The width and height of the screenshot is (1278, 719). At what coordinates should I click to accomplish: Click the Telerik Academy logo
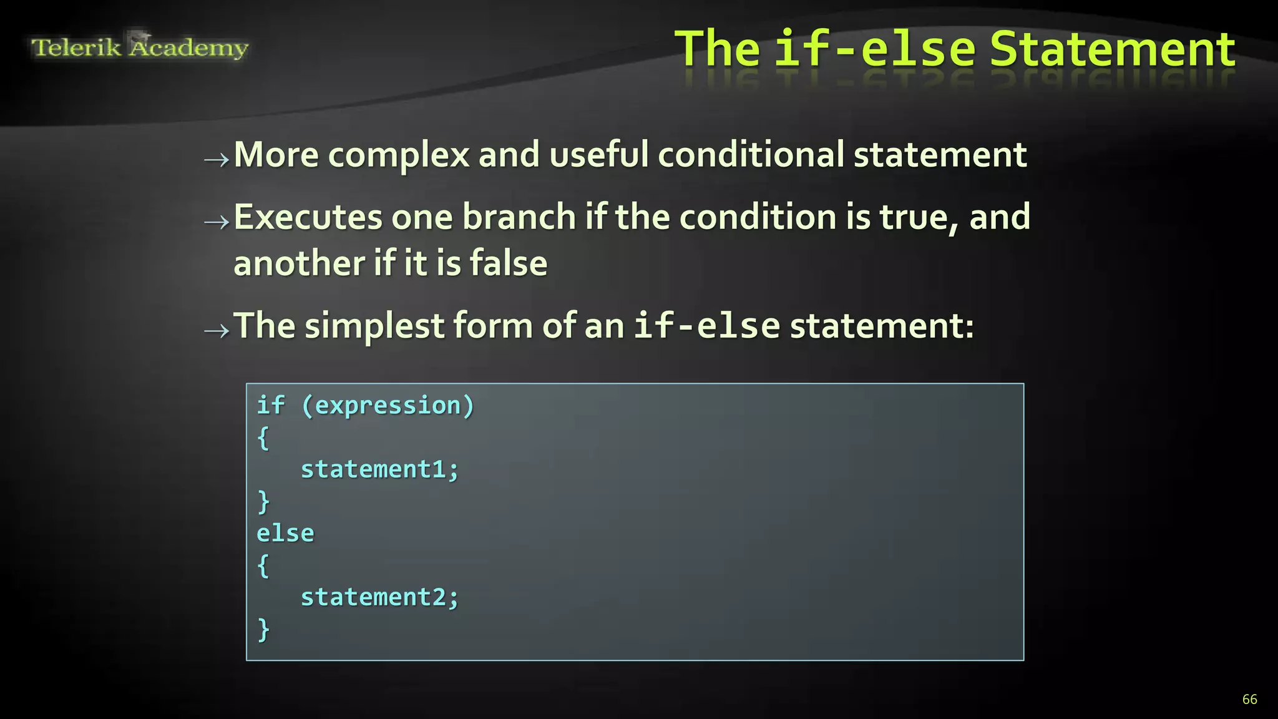140,47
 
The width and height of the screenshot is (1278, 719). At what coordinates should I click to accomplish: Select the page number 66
1249,699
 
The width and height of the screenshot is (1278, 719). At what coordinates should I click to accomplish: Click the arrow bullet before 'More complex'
217,160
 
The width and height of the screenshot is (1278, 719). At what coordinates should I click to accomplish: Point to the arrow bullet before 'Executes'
217,222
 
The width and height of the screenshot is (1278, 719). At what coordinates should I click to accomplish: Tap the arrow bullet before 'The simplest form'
217,330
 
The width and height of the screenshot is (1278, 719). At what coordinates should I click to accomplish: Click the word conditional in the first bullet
751,154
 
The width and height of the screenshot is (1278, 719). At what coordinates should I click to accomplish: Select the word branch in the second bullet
519,217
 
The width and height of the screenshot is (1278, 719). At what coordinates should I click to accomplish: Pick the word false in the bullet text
509,263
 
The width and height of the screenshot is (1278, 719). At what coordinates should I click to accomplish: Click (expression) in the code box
388,406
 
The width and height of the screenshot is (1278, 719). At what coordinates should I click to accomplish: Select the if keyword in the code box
271,406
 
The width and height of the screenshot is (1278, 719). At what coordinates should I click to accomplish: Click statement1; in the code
379,469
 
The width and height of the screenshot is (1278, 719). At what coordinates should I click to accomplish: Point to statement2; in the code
379,597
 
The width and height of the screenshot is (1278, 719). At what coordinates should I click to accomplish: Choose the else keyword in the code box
285,534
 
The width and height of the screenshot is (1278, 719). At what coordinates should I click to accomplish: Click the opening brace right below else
263,565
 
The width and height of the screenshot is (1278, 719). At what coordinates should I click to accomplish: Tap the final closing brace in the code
263,629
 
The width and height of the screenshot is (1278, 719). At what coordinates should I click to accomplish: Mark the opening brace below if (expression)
263,438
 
